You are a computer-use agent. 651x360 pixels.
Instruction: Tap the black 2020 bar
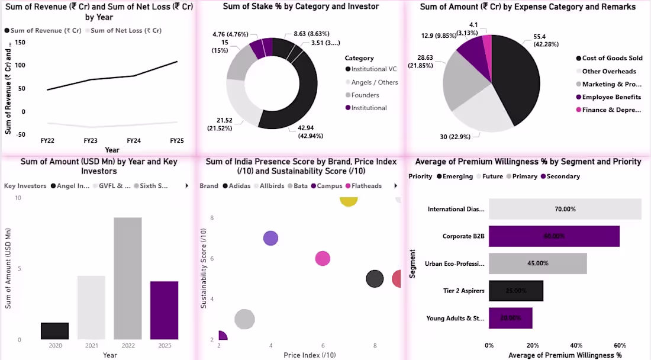point(54,331)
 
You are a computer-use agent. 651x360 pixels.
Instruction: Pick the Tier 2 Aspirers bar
point(515,291)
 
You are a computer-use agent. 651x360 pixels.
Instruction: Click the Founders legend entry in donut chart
point(365,95)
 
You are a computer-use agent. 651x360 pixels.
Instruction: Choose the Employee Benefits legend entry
point(611,97)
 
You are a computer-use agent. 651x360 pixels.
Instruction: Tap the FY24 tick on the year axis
point(134,141)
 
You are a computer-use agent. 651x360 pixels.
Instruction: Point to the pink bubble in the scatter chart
point(323,258)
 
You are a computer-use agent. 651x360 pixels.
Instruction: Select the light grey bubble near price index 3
point(244,320)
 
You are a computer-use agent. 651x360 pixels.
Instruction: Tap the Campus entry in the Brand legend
point(329,186)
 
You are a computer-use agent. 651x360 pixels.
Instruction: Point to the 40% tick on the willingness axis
point(576,345)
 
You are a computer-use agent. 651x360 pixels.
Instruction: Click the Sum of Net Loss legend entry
point(126,30)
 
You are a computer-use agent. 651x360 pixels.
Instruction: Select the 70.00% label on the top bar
point(566,209)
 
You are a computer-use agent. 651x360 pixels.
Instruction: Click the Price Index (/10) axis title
point(310,355)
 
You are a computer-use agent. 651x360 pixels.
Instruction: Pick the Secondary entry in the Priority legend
point(563,176)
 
